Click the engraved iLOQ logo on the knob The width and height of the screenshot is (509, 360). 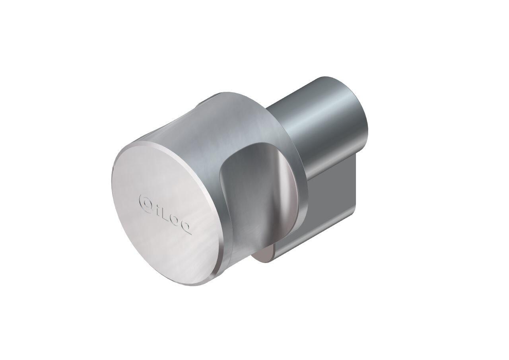(165, 214)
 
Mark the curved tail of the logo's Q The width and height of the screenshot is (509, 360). (189, 233)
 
